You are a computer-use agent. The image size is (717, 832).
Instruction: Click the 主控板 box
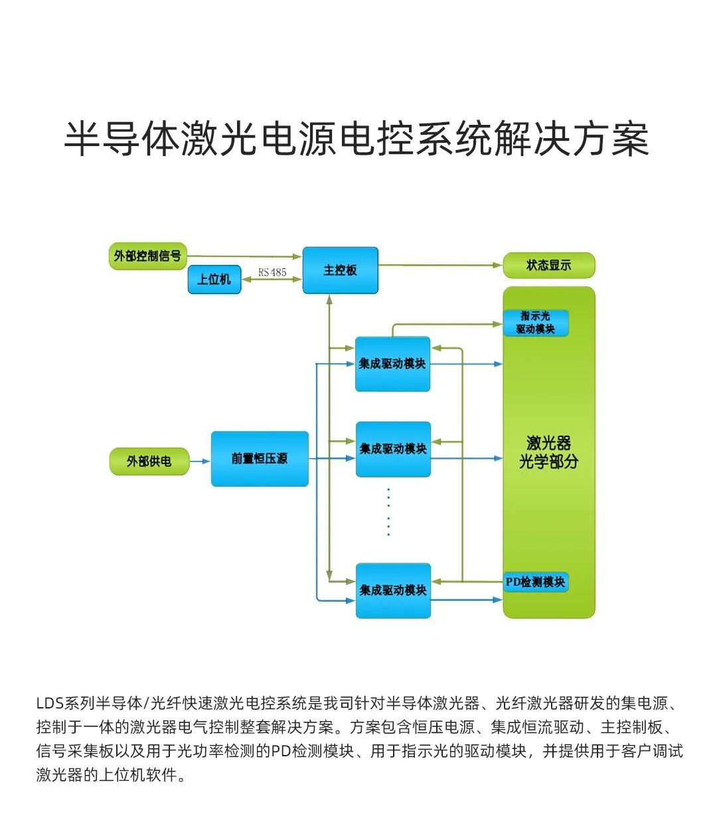point(340,270)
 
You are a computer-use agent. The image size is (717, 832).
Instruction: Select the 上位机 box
point(214,280)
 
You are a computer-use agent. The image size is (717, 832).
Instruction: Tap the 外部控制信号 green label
point(147,256)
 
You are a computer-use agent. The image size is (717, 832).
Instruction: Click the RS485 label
point(272,272)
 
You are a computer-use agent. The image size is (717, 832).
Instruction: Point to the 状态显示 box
point(548,266)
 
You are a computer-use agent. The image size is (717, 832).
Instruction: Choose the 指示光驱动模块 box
point(535,323)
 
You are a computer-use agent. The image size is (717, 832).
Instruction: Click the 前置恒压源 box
point(260,459)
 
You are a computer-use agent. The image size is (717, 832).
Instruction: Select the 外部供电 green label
point(149,461)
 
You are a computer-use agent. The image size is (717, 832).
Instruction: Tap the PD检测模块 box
point(535,582)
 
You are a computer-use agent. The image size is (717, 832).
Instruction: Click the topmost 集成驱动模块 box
point(392,364)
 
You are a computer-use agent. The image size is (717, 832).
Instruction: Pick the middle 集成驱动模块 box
point(393,450)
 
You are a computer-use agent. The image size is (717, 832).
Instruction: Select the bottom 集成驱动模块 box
point(393,590)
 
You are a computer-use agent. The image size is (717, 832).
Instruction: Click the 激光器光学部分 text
point(548,452)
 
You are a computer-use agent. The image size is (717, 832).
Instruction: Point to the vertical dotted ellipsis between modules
point(388,512)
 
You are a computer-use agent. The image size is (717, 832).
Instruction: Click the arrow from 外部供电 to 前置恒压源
point(200,461)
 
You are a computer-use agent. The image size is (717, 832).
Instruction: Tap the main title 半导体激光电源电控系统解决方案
point(357,139)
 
